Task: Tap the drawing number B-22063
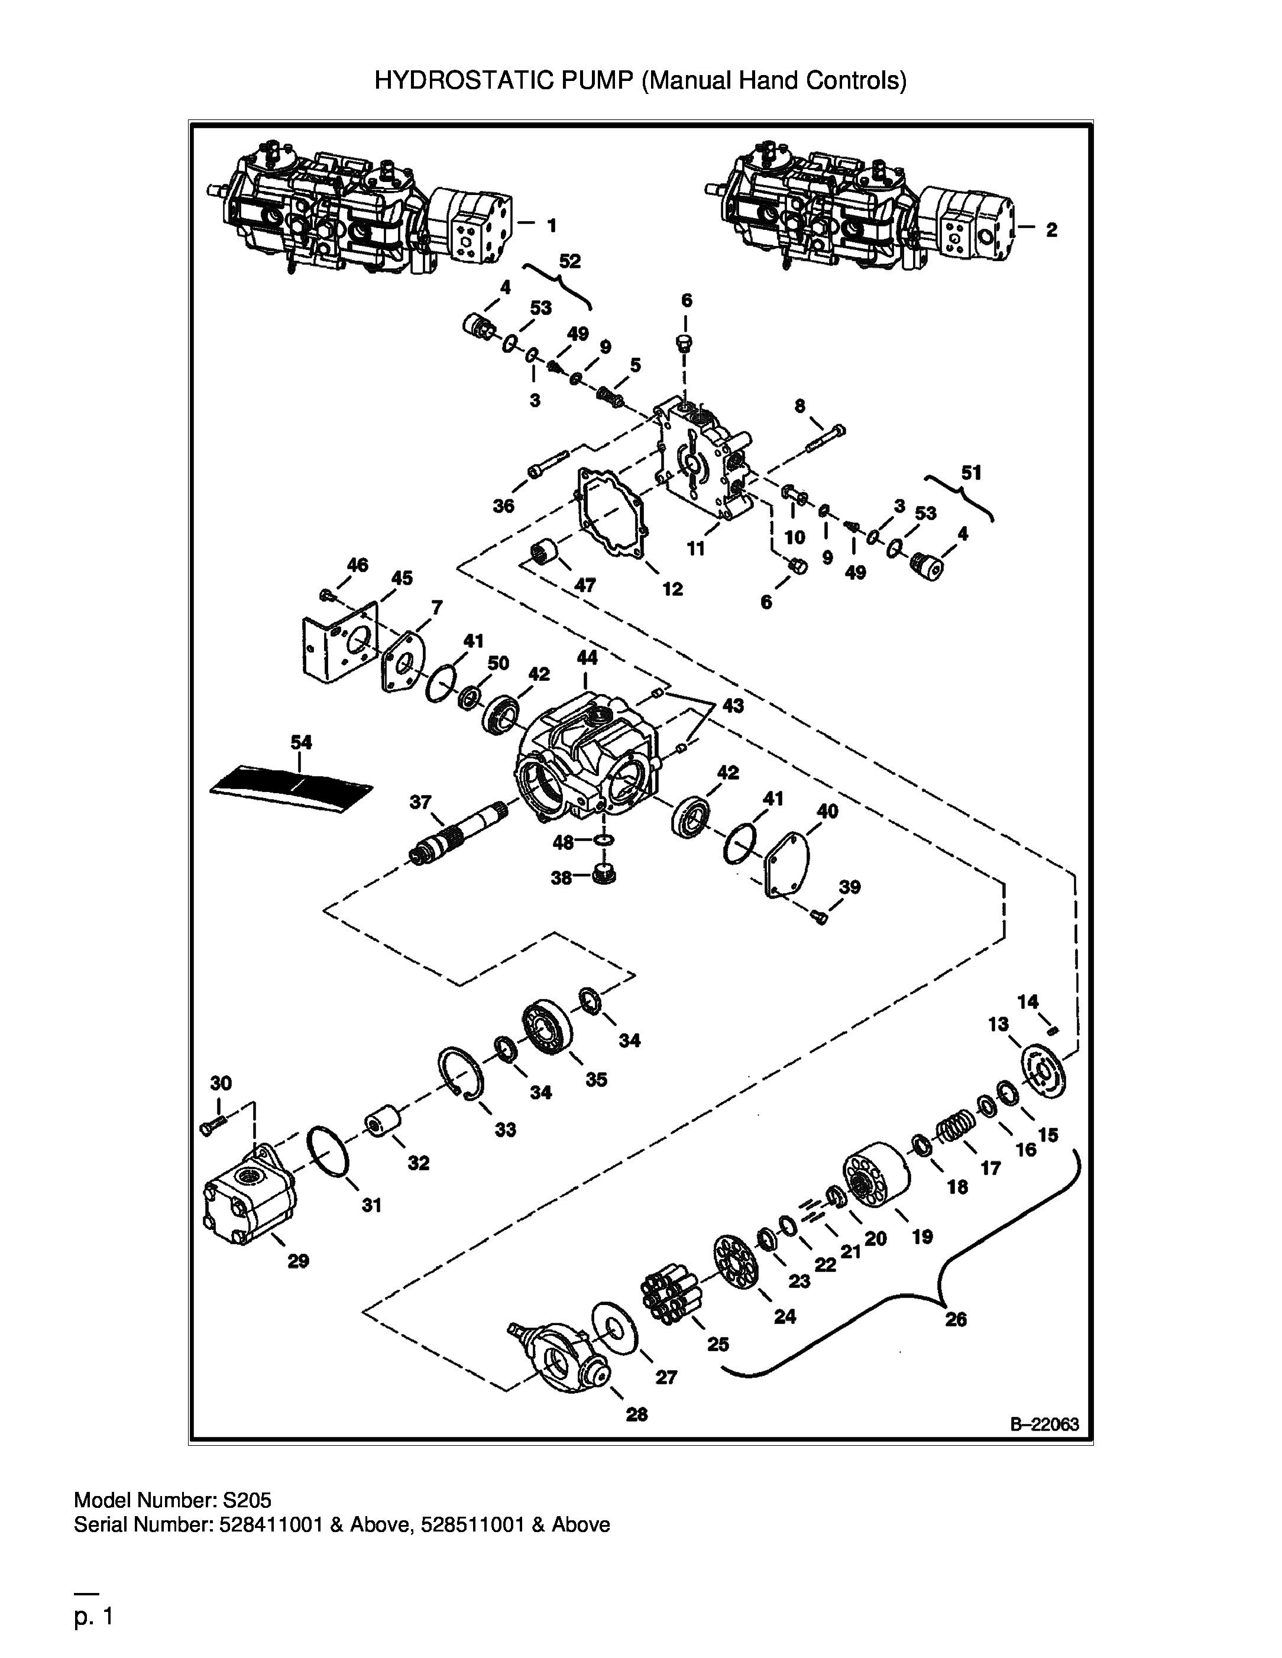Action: pyautogui.click(x=1044, y=1424)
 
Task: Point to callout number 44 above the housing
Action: pyautogui.click(x=587, y=657)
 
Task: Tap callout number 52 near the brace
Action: pyautogui.click(x=569, y=261)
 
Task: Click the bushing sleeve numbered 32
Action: pyautogui.click(x=383, y=1121)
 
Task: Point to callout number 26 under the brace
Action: pyautogui.click(x=956, y=1319)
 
